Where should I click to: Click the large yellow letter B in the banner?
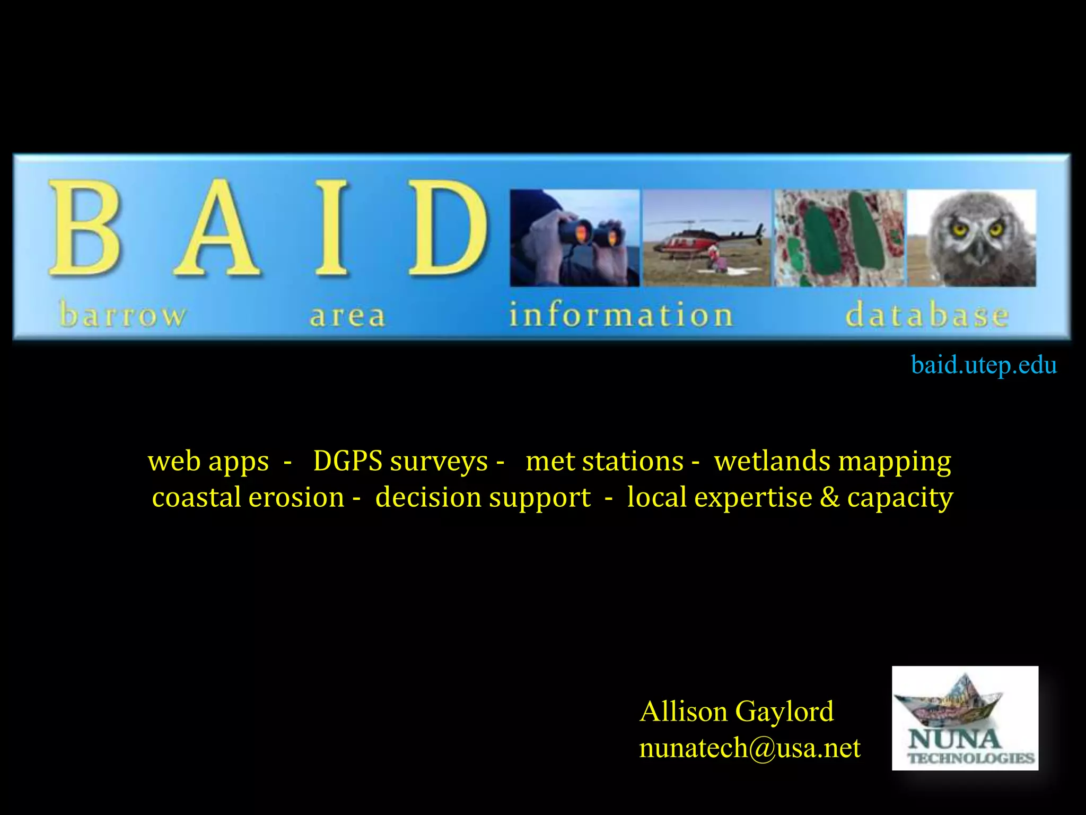tap(85, 228)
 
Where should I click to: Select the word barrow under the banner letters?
tap(123, 315)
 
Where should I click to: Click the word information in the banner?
tap(621, 315)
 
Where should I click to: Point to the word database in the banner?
tap(926, 315)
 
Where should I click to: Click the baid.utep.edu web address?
tap(984, 365)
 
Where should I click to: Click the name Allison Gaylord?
tap(736, 711)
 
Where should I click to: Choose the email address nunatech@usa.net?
tap(749, 748)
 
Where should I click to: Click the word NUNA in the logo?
tap(953, 739)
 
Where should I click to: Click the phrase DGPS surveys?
tap(400, 461)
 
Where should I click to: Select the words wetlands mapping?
tap(833, 461)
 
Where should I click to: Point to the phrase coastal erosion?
tap(248, 497)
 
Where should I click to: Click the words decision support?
tap(483, 497)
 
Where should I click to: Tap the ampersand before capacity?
tap(829, 497)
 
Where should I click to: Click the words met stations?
tap(605, 461)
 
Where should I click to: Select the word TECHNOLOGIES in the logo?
tap(970, 758)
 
